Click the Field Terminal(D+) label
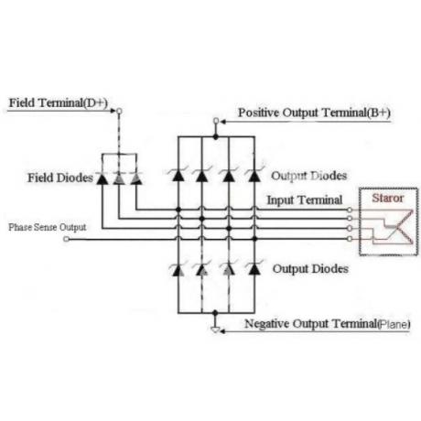tap(59, 103)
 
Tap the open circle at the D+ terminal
tap(119, 111)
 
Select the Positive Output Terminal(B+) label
tap(314, 113)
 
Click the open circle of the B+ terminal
tap(216, 121)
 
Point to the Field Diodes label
tap(60, 178)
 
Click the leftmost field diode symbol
tap(102, 178)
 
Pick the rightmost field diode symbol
tap(136, 178)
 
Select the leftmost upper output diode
tap(178, 175)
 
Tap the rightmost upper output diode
tap(254, 175)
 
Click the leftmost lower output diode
tap(178, 269)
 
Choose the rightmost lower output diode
tap(254, 269)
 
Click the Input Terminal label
tap(305, 200)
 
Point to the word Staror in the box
tap(388, 199)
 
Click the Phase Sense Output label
tap(48, 227)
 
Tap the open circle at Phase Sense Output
tap(66, 239)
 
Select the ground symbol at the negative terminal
tap(215, 329)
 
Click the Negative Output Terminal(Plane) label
tap(328, 324)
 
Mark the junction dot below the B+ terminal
tap(216, 137)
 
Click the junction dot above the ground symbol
tap(215, 313)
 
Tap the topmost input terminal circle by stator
tap(350, 210)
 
